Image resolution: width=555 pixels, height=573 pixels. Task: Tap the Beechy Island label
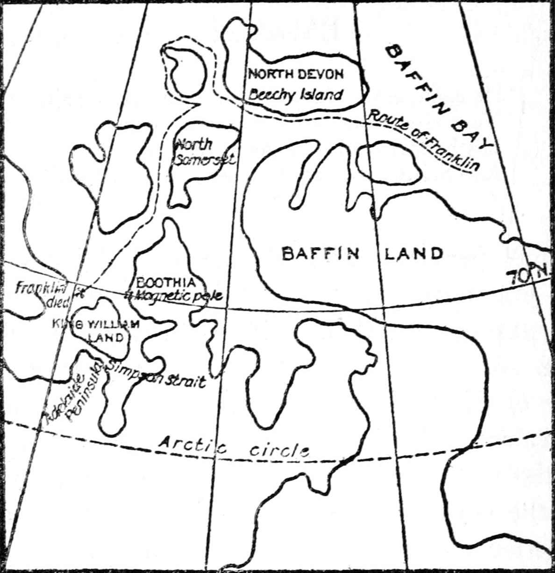click(295, 95)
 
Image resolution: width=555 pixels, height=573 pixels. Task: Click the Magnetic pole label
click(175, 295)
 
